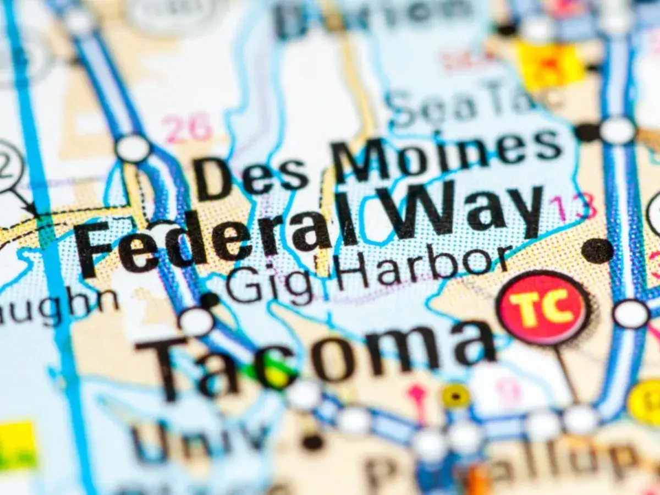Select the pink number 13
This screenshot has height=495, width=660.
(572, 206)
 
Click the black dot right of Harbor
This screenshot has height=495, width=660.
(597, 250)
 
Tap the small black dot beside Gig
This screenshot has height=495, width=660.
(210, 300)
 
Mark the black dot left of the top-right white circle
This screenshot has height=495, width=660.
(587, 132)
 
